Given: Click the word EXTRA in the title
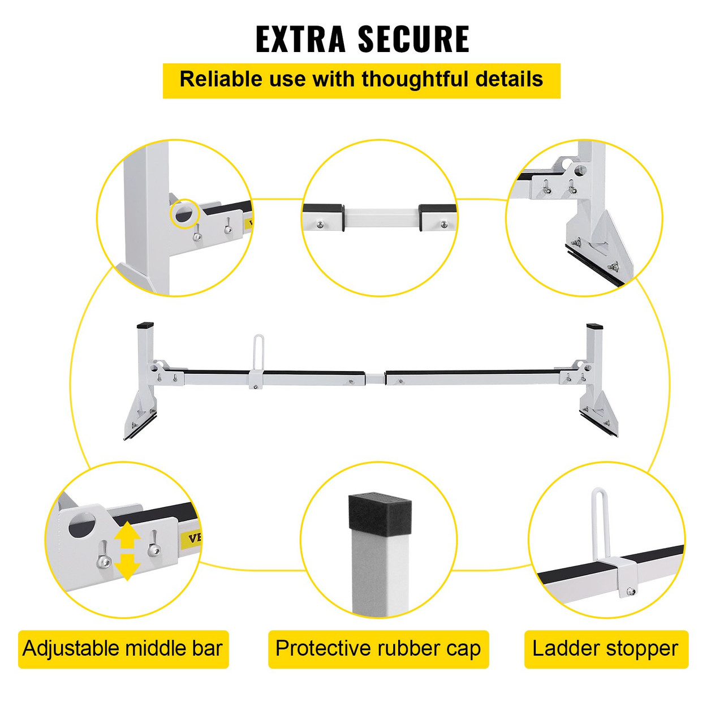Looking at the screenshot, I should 300,39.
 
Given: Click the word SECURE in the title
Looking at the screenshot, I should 414,39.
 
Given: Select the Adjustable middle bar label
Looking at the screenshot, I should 123,649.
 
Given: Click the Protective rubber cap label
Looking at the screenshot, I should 378,649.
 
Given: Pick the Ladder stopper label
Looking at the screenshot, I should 605,649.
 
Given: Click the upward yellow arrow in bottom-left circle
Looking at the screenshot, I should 128,535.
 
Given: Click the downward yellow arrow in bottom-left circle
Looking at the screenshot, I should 128,567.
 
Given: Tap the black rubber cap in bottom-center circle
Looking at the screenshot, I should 378,512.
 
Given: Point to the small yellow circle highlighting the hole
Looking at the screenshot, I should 184,214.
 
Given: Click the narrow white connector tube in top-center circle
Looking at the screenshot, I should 381,218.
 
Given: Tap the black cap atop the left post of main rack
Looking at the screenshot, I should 145,326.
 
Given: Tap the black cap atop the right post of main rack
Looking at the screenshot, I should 594,327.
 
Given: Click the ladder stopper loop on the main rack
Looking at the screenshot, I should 258,351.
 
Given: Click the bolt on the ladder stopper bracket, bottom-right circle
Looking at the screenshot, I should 631,592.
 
